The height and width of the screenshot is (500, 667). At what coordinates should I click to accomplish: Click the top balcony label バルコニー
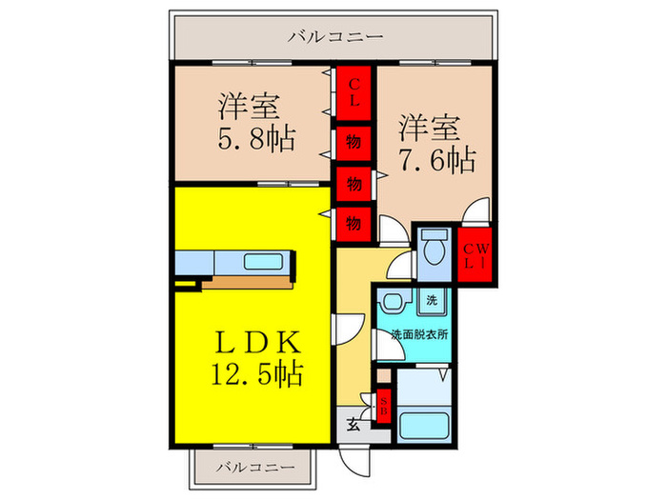(x=335, y=36)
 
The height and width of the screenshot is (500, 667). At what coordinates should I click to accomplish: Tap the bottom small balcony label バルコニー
(x=255, y=468)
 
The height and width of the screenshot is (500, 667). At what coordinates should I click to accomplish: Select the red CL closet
(x=354, y=93)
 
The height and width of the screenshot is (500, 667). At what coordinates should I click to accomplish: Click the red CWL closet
(x=475, y=255)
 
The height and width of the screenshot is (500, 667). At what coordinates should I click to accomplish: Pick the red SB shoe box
(x=384, y=406)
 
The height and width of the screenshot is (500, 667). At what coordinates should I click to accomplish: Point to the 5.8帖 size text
(x=256, y=139)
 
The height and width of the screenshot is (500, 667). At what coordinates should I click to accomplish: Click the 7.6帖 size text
(x=436, y=160)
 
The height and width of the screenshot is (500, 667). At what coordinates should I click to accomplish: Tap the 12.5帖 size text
(x=257, y=373)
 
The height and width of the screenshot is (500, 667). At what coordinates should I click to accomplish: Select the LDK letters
(x=257, y=343)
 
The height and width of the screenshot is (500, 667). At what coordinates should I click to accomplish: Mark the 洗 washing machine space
(x=432, y=301)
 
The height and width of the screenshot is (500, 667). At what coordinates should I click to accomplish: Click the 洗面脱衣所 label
(x=419, y=334)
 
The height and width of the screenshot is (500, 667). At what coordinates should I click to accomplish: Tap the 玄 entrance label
(x=354, y=425)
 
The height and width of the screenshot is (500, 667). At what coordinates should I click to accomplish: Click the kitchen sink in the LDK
(x=264, y=262)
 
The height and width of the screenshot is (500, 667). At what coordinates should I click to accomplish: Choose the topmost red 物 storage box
(x=354, y=143)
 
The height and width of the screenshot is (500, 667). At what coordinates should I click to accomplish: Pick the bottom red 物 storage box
(x=354, y=224)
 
